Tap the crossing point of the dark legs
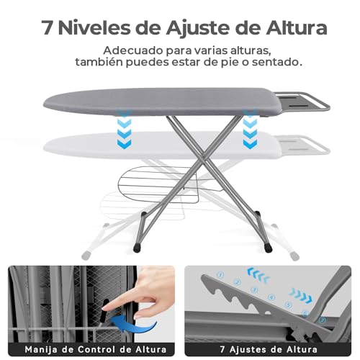(x=210, y=161)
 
